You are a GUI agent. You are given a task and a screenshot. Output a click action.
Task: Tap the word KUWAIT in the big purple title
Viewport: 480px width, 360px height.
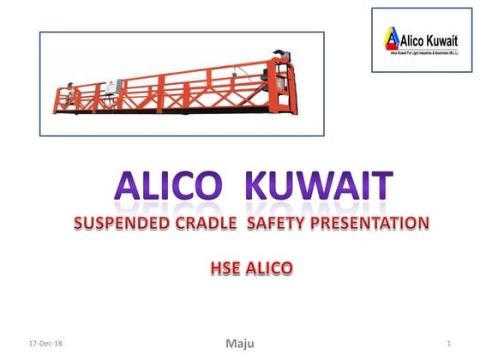tap(314, 187)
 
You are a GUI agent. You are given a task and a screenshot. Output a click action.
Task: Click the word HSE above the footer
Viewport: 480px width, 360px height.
tap(224, 269)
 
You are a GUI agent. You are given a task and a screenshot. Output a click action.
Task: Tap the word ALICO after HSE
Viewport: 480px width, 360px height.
tap(267, 269)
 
